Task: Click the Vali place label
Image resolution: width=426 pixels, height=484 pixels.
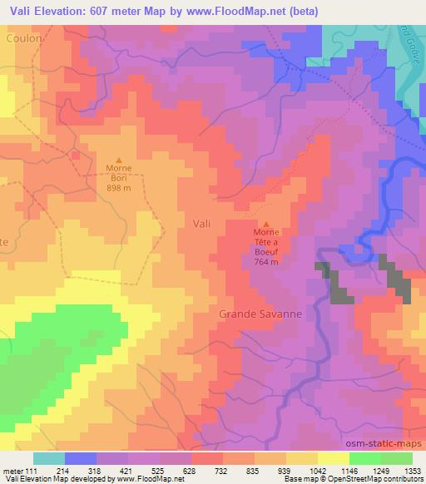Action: [x=201, y=223]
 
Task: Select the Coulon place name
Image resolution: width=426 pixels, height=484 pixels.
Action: [x=22, y=38]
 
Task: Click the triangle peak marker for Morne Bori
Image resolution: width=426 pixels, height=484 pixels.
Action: [x=119, y=161]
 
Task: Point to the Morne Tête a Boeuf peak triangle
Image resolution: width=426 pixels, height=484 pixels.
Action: [x=266, y=224]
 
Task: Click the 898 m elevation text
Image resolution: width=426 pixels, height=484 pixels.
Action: [x=119, y=188]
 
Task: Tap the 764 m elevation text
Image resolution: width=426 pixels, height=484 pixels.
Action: [x=266, y=261]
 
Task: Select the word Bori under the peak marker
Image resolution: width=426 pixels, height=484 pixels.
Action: [x=119, y=178]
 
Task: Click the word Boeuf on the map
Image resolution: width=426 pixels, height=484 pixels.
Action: [x=266, y=251]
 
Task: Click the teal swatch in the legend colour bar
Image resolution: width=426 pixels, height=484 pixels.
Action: [x=49, y=458]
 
